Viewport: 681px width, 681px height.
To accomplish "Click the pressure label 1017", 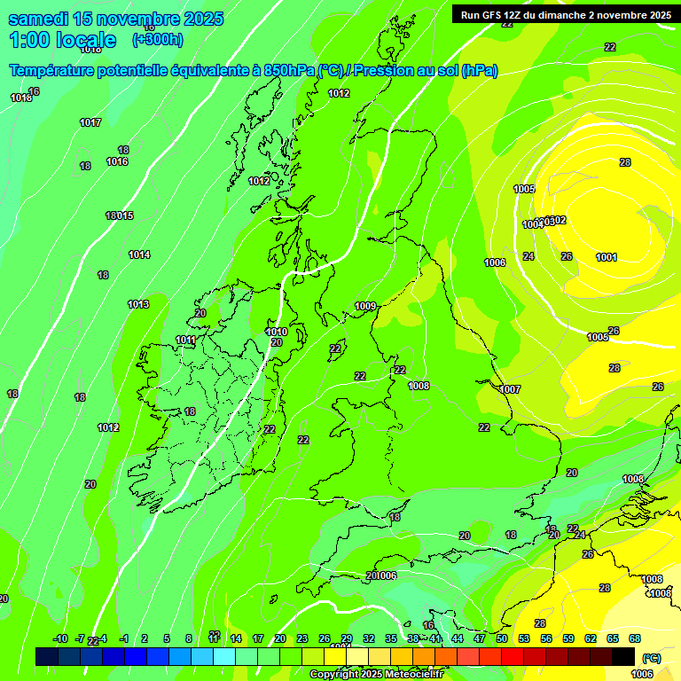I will (90, 122).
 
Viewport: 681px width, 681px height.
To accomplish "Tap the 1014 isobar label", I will (139, 254).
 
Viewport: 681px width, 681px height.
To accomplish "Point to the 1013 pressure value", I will (138, 304).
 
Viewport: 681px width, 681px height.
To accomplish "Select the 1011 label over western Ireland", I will (186, 340).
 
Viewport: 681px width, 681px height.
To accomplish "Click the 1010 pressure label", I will (277, 332).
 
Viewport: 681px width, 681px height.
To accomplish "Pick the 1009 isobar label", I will (365, 306).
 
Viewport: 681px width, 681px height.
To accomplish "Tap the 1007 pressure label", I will (510, 389).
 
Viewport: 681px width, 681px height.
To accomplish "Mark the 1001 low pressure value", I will (607, 257).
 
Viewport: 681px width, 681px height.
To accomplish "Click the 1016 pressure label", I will (117, 161).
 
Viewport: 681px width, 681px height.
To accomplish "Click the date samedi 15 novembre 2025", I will (115, 19).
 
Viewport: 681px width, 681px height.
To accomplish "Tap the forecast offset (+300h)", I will (157, 40).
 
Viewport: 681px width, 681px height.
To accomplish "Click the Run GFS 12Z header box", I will (565, 14).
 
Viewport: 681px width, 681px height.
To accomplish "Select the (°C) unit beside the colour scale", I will (652, 658).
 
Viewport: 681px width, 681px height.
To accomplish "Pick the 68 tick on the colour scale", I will (635, 638).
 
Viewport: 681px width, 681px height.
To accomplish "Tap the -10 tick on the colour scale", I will (60, 638).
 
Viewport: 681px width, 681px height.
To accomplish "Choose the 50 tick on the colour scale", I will (502, 638).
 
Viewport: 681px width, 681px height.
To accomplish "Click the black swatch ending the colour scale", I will (623, 656).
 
